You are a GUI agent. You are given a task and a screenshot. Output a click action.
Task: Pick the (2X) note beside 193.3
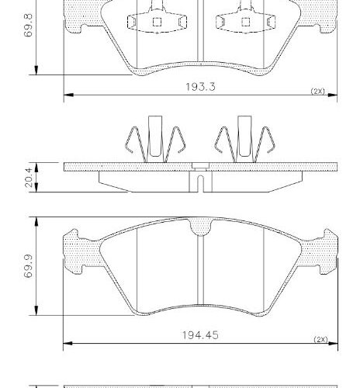tap(317, 91)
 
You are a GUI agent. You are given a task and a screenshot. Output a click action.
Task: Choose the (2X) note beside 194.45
tap(320, 340)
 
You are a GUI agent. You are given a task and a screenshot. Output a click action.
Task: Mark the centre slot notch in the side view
tap(199, 185)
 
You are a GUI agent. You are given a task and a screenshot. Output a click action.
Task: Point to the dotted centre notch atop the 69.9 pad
tap(199, 227)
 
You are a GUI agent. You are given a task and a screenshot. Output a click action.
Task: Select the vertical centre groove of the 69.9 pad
tap(199, 275)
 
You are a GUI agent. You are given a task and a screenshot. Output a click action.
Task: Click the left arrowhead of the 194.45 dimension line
tap(66, 342)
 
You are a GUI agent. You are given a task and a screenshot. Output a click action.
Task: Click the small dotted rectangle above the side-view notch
tap(199, 165)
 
